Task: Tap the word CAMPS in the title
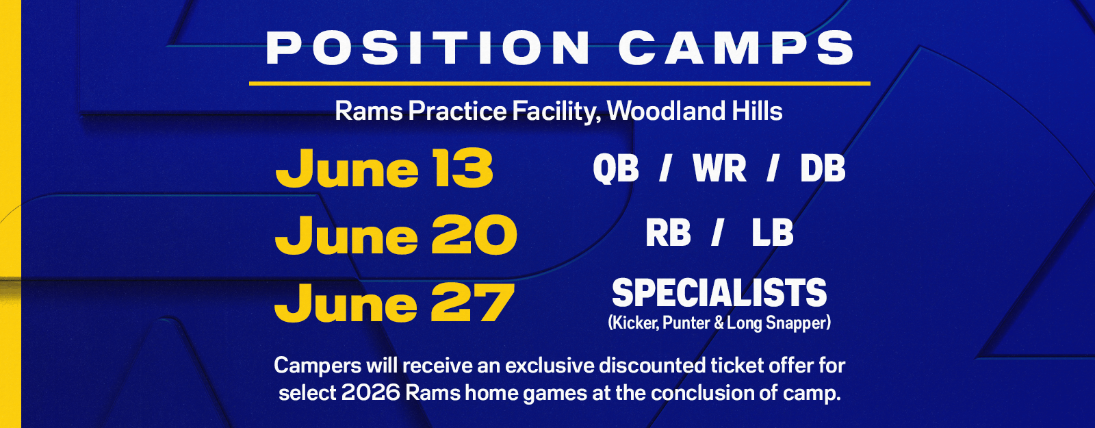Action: [x=736, y=47]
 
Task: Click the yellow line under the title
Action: [x=560, y=84]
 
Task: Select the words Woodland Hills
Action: [x=695, y=111]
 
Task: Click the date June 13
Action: [x=384, y=168]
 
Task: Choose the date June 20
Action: [x=396, y=236]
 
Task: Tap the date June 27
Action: [x=394, y=303]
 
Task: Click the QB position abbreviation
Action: [x=616, y=168]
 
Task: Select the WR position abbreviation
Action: [x=719, y=168]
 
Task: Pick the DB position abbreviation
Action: [x=823, y=168]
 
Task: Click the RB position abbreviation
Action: [x=668, y=233]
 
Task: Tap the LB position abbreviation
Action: [x=773, y=233]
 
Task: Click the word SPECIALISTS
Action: [x=719, y=292]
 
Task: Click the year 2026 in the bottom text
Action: [x=371, y=393]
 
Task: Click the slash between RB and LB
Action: [x=717, y=233]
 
